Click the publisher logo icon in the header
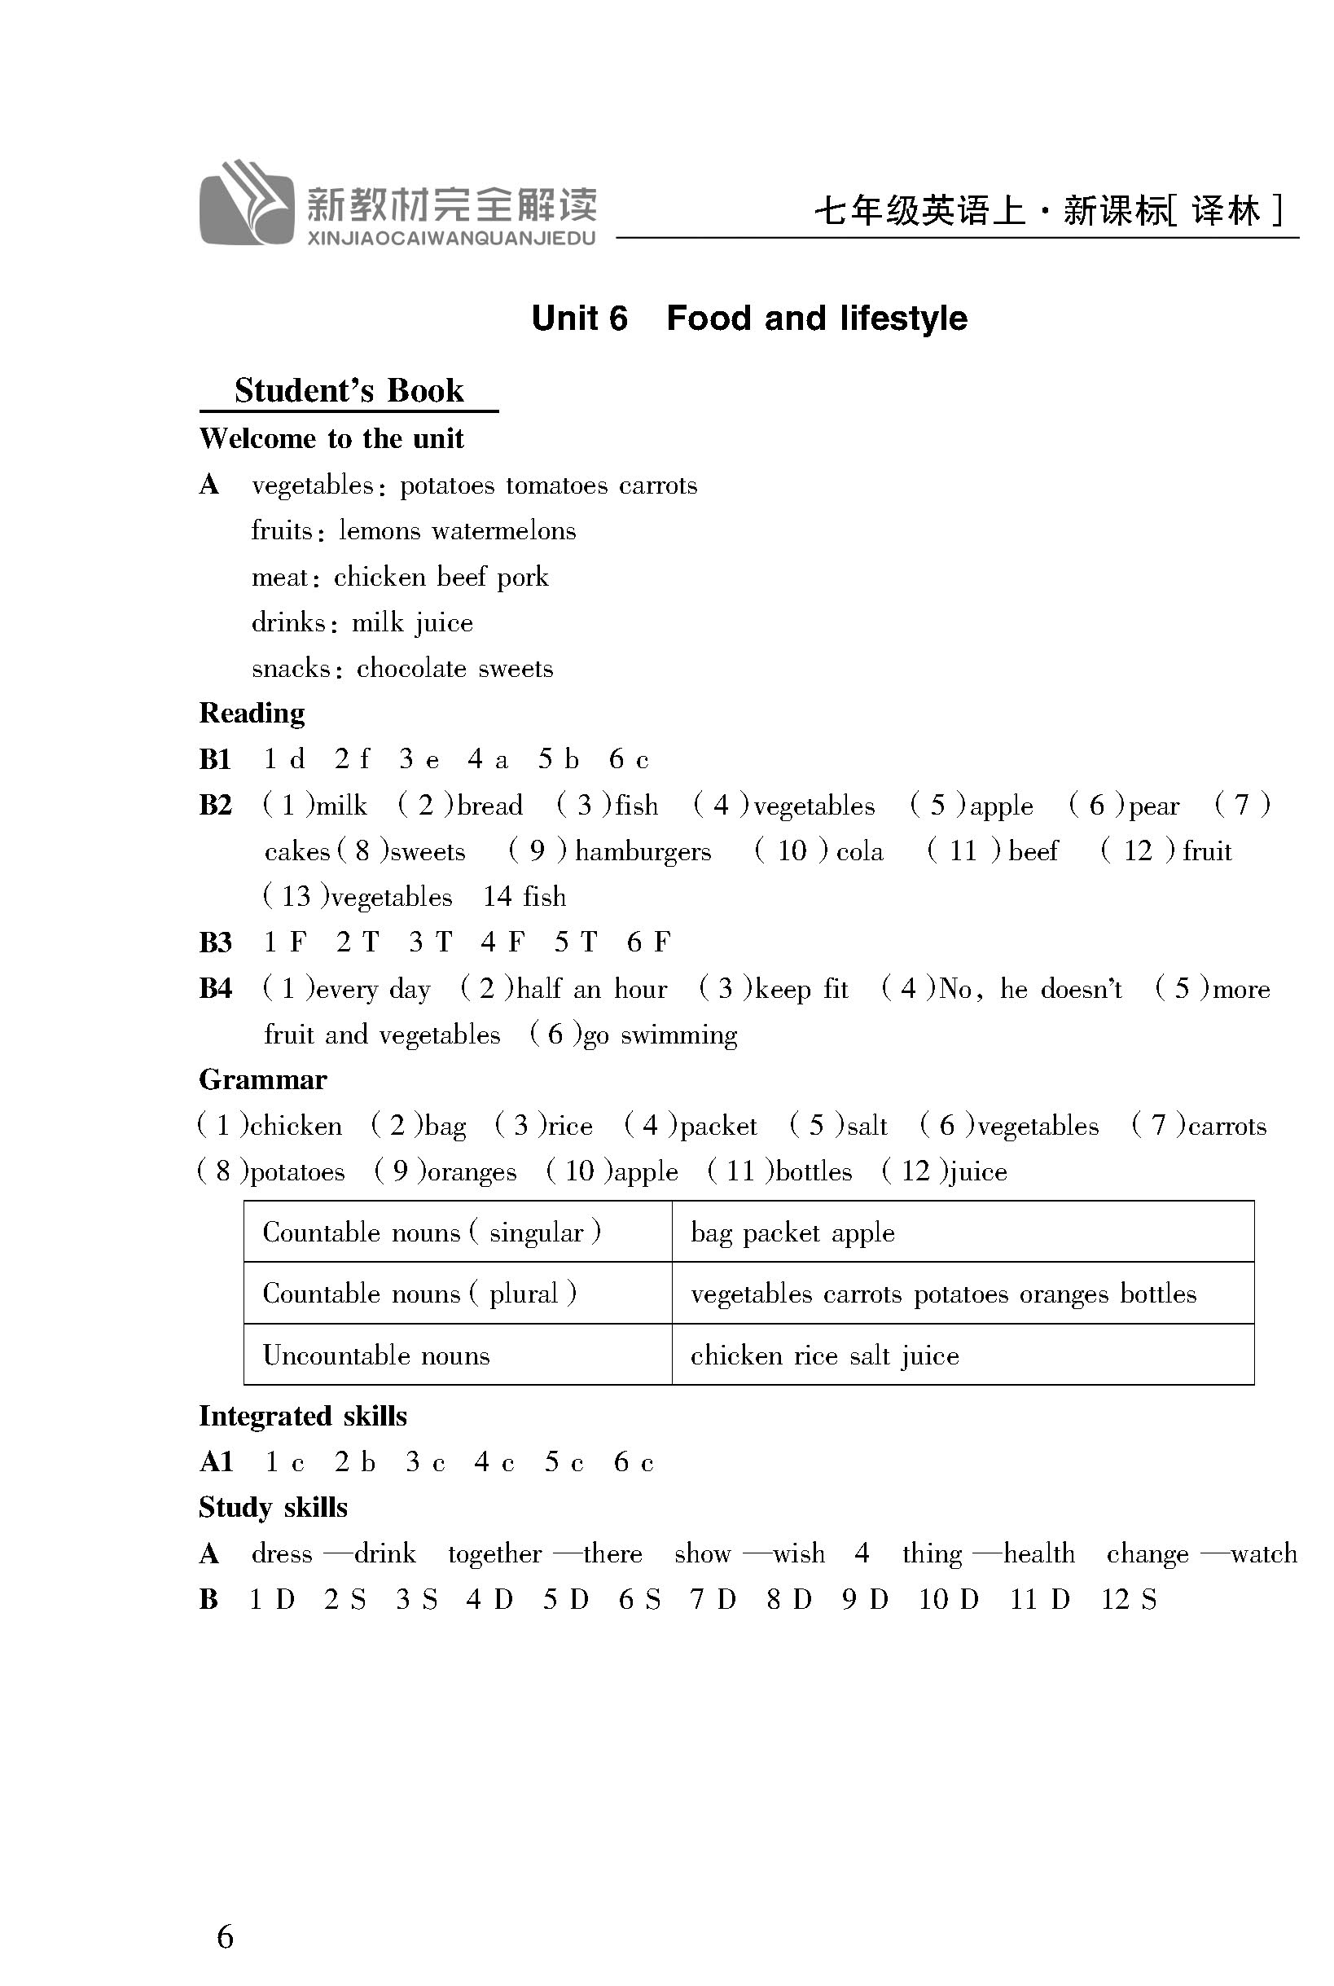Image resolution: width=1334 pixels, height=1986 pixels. [x=247, y=204]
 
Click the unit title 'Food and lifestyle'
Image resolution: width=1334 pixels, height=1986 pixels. [x=816, y=319]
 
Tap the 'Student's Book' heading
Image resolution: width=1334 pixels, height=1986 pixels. [x=349, y=390]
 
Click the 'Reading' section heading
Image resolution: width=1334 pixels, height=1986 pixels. [x=252, y=713]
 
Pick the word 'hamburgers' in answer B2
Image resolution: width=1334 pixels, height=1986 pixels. [x=643, y=851]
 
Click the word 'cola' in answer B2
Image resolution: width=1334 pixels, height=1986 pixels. [x=859, y=851]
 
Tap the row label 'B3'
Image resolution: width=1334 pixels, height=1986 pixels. [x=215, y=942]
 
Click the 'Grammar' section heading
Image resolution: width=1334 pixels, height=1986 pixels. [x=263, y=1080]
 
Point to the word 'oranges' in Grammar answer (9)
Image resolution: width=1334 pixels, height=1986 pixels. [x=472, y=1171]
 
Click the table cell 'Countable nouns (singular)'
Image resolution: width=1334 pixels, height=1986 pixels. [x=432, y=1232]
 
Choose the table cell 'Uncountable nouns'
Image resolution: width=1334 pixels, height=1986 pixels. [x=376, y=1355]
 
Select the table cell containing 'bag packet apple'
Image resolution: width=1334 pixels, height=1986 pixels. [x=792, y=1232]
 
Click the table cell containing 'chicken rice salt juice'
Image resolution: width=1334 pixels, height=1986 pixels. [x=824, y=1355]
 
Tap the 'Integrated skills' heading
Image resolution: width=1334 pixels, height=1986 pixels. [x=303, y=1416]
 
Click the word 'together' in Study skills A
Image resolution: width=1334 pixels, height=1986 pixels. [x=494, y=1553]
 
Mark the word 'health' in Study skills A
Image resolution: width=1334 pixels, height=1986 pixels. [x=1039, y=1553]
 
